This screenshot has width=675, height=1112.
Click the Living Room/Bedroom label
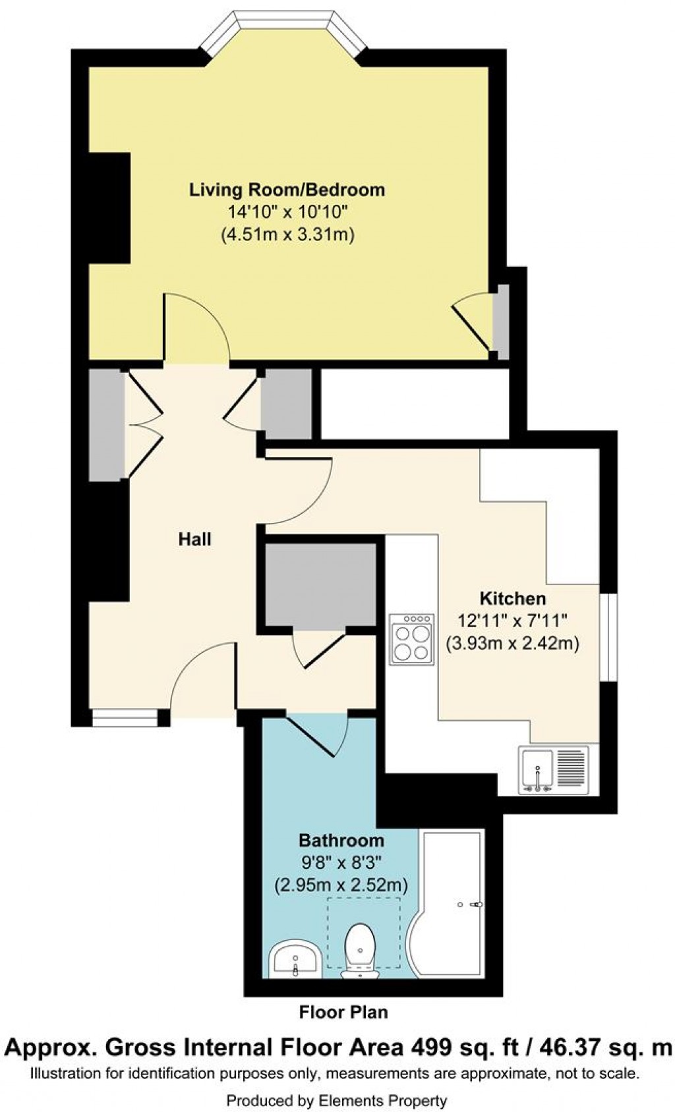[287, 190]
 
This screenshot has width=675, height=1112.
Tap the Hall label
[195, 540]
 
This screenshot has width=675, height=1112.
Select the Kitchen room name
[513, 599]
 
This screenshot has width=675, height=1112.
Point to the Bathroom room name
[341, 841]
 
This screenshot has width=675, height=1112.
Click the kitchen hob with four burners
[412, 638]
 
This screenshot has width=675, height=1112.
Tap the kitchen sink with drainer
[553, 769]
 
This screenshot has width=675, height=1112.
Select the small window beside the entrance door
[125, 717]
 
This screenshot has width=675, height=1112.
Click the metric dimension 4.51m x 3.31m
[287, 235]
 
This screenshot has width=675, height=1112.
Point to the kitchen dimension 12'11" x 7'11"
[513, 621]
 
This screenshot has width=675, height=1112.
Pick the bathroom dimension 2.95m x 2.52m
[341, 885]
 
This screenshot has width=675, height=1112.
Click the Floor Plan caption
[343, 1012]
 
